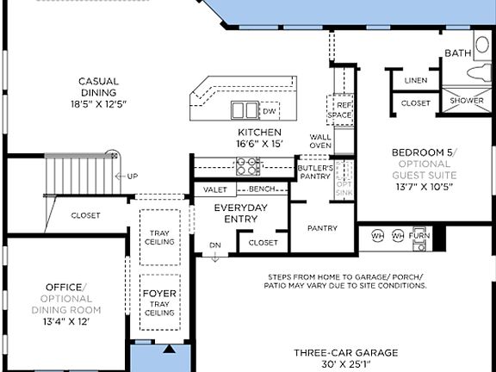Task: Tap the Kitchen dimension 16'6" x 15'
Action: pos(259,144)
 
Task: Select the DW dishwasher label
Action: pos(270,111)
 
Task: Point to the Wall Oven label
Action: pos(320,141)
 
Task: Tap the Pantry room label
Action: pos(322,228)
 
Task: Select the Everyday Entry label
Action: pos(241,214)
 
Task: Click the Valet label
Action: pos(215,189)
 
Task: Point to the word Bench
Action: pos(262,189)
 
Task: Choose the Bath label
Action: pos(457,53)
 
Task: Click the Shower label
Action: pos(468,101)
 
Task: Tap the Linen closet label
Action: pos(415,80)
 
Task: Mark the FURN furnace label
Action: pos(419,235)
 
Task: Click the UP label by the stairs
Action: pos(132,177)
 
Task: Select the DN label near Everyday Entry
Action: pos(214,245)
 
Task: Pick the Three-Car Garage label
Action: pos(345,353)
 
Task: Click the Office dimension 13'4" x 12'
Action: pos(66,321)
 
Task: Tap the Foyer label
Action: pos(158,293)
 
